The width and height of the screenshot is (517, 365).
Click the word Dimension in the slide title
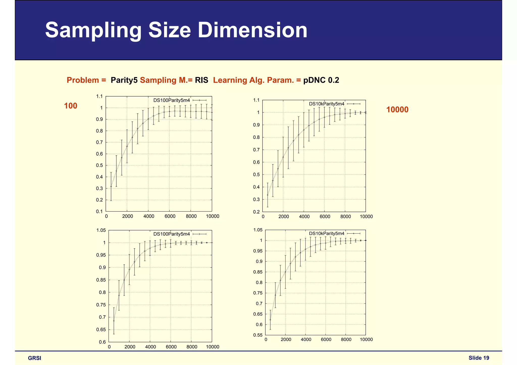click(252, 30)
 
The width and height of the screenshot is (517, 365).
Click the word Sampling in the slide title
click(93, 30)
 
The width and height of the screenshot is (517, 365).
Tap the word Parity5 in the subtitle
click(124, 80)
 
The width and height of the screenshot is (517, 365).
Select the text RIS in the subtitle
click(201, 80)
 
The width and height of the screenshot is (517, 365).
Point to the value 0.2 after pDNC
click(333, 80)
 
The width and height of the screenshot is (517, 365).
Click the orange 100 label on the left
click(71, 106)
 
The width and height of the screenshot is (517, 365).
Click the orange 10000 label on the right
click(397, 110)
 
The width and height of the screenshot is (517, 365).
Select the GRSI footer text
click(35, 358)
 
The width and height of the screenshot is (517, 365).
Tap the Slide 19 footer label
click(479, 358)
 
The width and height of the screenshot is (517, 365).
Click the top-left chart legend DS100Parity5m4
click(172, 100)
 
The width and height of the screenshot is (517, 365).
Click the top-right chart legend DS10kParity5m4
click(327, 104)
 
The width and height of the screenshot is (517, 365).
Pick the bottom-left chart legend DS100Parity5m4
click(172, 234)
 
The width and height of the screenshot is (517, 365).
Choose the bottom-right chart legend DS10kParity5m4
click(327, 234)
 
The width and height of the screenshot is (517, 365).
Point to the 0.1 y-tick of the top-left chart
click(100, 211)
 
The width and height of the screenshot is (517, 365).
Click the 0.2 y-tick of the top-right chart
click(256, 212)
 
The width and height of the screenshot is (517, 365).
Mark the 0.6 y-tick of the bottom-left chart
click(102, 342)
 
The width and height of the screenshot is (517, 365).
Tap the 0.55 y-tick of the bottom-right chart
click(258, 335)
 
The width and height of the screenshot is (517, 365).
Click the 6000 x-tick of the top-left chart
click(170, 217)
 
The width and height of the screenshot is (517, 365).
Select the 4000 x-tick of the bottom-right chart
click(306, 340)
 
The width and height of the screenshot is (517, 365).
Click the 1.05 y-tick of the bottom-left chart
click(101, 230)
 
